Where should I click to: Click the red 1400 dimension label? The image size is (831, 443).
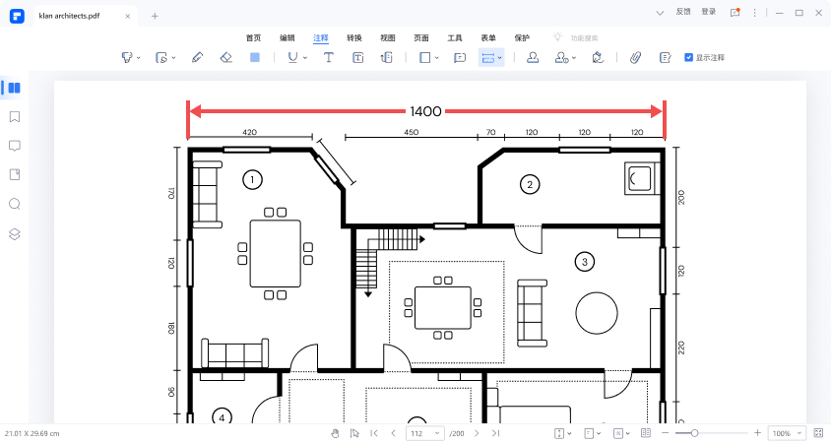(x=425, y=111)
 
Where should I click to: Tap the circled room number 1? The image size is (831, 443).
(x=252, y=179)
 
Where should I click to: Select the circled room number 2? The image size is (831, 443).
(x=530, y=184)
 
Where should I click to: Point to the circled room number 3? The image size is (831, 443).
(x=585, y=261)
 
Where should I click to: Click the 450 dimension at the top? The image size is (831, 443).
(x=412, y=132)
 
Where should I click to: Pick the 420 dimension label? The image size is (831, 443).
(x=250, y=132)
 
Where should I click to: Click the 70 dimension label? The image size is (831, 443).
(x=490, y=132)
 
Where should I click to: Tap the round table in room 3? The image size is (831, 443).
(x=597, y=313)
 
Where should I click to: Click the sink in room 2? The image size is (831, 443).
(x=640, y=178)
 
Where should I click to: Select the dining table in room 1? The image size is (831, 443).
(x=275, y=253)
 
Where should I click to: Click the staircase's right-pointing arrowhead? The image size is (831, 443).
(x=422, y=239)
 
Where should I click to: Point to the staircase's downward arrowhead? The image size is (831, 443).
(x=368, y=293)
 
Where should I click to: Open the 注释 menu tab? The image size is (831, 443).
(x=321, y=38)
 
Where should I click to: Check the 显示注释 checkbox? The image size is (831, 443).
(x=688, y=57)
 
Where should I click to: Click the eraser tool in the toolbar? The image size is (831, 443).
(x=226, y=57)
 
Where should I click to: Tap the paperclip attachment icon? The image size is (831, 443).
(x=635, y=57)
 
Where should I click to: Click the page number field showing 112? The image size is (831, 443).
(x=424, y=433)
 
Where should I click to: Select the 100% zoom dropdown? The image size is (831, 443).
(x=787, y=433)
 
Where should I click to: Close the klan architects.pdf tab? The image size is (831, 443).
(x=128, y=16)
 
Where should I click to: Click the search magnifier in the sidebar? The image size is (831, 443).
(x=15, y=204)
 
